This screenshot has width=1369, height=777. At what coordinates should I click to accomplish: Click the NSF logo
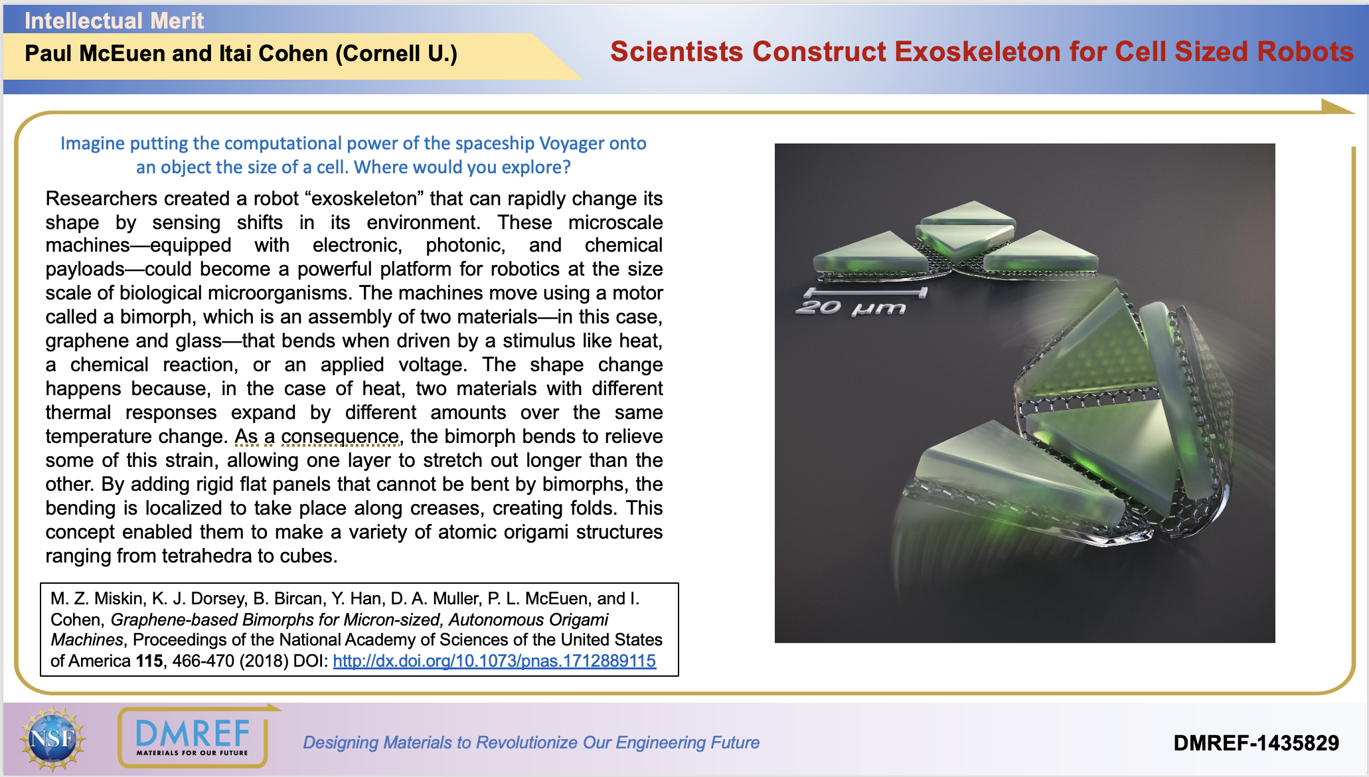52,738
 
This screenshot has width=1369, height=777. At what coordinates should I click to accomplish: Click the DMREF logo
193,737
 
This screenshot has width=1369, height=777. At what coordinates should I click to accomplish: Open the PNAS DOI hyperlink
494,661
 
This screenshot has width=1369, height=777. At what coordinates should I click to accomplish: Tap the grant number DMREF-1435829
1256,742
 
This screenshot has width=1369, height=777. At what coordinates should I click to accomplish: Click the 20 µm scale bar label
850,308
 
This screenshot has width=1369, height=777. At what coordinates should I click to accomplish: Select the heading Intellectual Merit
114,21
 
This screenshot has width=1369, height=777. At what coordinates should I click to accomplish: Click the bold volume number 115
149,661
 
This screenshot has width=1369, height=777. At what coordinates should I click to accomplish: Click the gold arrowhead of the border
1336,107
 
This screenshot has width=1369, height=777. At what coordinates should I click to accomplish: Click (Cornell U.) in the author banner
396,54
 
